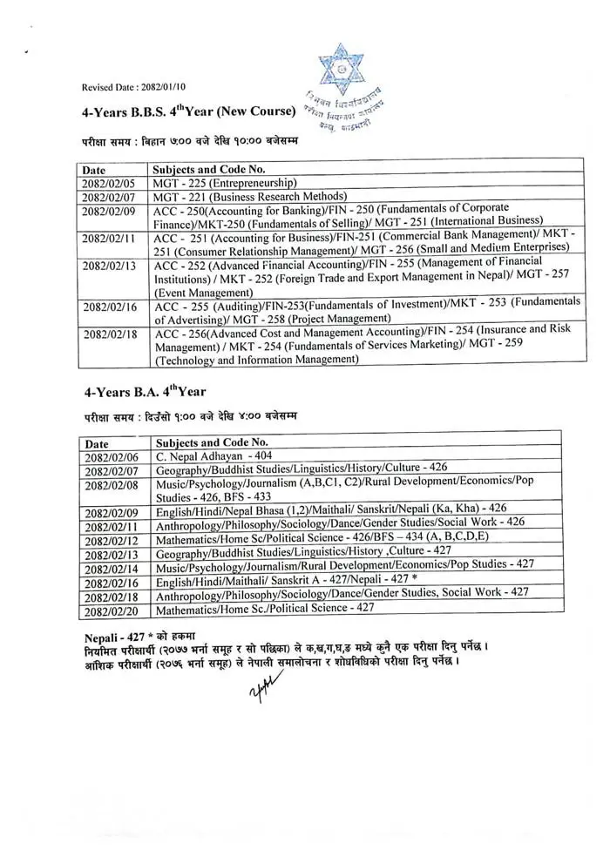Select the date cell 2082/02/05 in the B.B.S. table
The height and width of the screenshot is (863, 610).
pyautogui.click(x=107, y=183)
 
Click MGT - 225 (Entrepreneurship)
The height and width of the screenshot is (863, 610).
pyautogui.click(x=225, y=183)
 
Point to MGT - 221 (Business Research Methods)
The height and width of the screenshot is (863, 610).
pyautogui.click(x=250, y=197)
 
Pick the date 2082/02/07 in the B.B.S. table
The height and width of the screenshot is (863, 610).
pyautogui.click(x=107, y=197)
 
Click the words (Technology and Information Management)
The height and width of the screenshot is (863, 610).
pyautogui.click(x=256, y=359)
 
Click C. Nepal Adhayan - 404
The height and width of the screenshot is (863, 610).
pyautogui.click(x=213, y=455)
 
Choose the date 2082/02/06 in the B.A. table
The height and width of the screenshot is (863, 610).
pyautogui.click(x=112, y=456)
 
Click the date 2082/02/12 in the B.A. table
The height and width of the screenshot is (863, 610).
pyautogui.click(x=112, y=540)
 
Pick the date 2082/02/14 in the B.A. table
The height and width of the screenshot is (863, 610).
pyautogui.click(x=112, y=568)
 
